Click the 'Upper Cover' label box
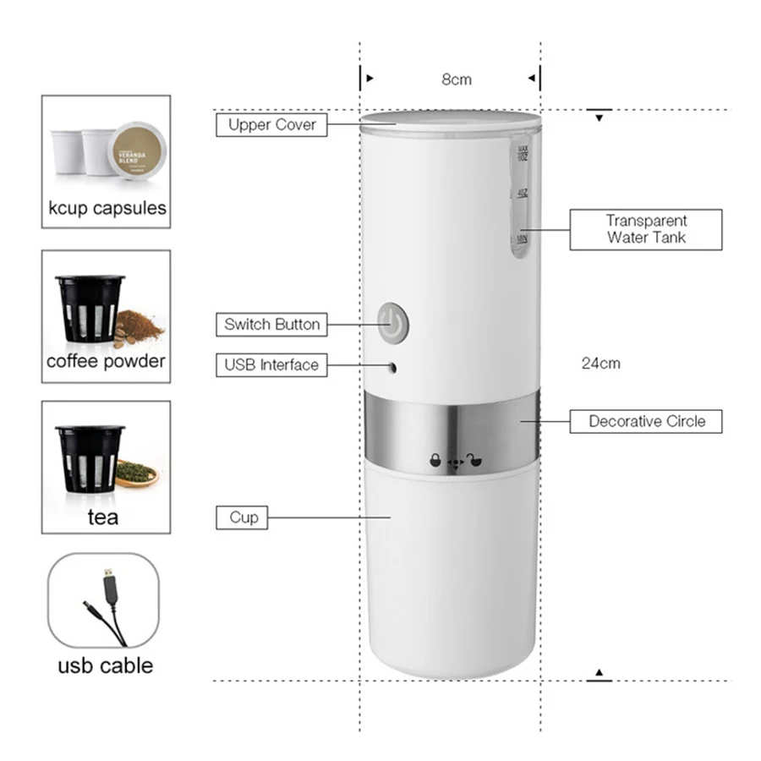point(271,125)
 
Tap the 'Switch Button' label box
point(271,324)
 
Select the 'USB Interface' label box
point(271,365)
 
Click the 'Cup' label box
point(244,517)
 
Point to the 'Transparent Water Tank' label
point(646,229)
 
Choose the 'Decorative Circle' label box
point(646,421)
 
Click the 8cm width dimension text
point(457,79)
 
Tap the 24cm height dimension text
point(600,364)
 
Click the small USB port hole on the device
point(391,368)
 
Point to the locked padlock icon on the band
point(435,461)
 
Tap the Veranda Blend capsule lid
point(139,151)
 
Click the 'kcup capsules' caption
point(107,207)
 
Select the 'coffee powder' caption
point(106,361)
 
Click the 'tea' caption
point(103,516)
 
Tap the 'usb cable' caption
point(106,665)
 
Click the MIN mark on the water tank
point(521,241)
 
